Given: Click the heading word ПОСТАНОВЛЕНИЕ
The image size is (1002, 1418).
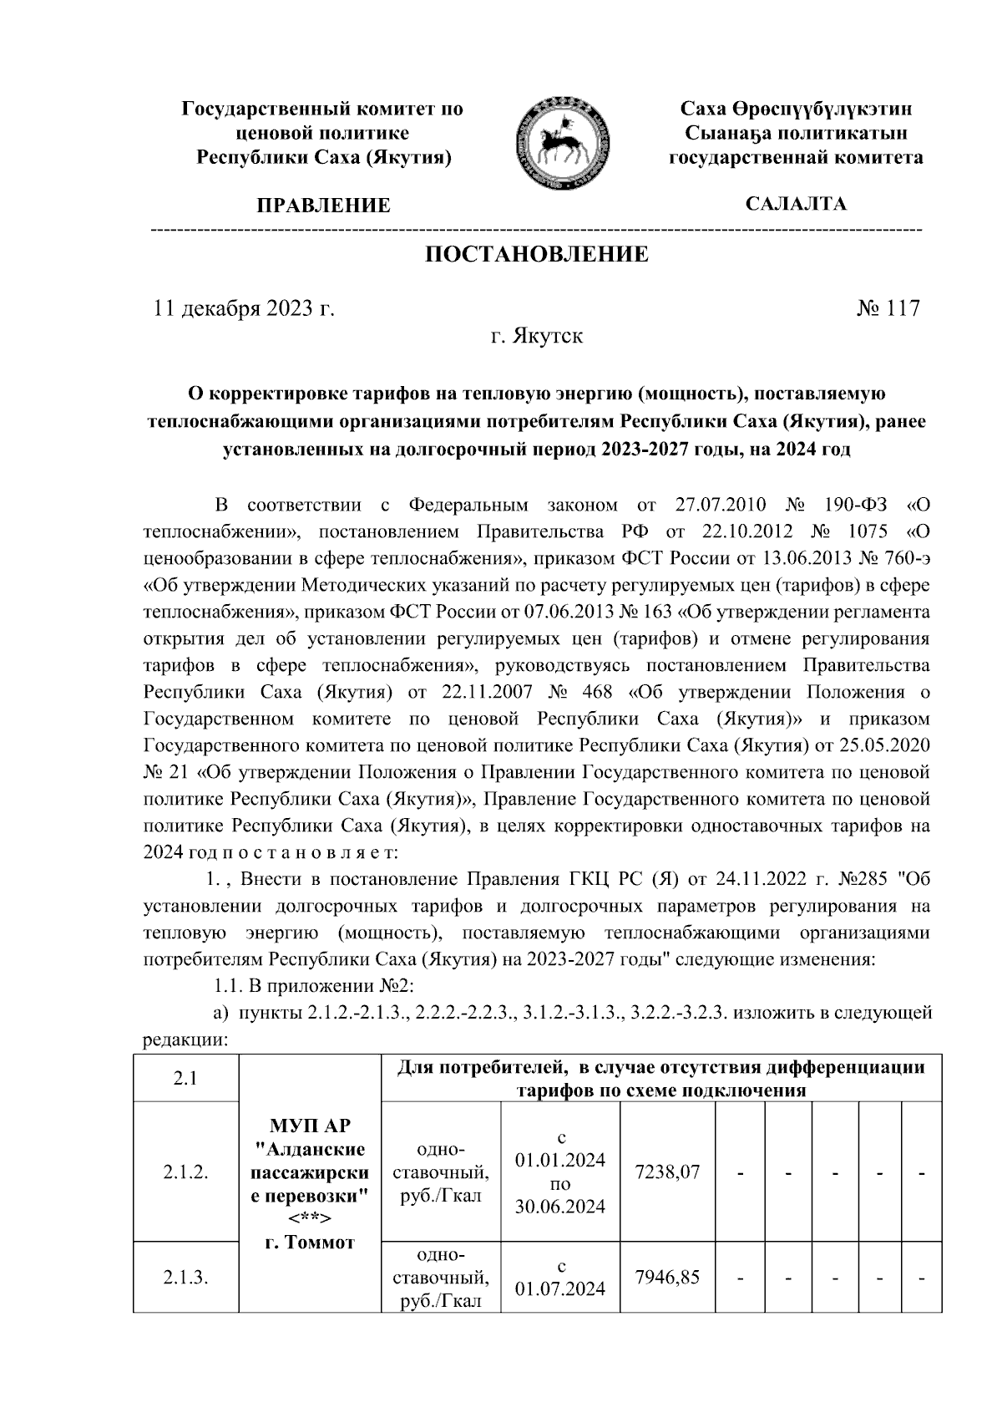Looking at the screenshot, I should point(537,254).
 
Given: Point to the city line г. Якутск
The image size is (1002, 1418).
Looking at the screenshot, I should point(536,337).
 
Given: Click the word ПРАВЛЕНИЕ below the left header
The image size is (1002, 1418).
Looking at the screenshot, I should point(323,206).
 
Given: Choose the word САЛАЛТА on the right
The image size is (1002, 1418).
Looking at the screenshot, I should point(796,204).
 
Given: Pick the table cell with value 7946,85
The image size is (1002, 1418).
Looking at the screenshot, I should point(667,1277).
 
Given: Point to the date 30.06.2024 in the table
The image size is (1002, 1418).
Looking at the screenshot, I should point(560,1207).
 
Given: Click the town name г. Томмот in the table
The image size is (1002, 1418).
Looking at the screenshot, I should point(309,1243).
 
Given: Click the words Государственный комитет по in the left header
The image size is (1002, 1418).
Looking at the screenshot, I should point(323,109).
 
